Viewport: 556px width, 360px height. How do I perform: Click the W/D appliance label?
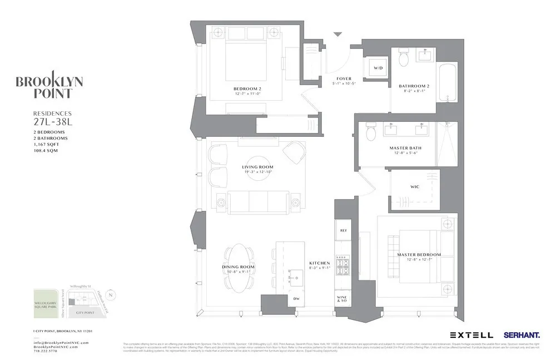pyautogui.click(x=378, y=68)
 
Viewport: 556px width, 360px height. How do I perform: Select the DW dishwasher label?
pyautogui.click(x=296, y=298)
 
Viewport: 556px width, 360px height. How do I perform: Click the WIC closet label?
pyautogui.click(x=414, y=186)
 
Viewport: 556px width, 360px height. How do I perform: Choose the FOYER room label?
pyautogui.click(x=344, y=78)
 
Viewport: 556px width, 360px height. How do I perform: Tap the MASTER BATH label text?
pyautogui.click(x=405, y=148)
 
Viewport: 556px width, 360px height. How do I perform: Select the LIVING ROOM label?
pyautogui.click(x=257, y=167)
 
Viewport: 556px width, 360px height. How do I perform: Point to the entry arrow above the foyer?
pyautogui.click(x=337, y=34)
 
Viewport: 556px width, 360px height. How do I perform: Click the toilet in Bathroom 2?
pyautogui.click(x=404, y=58)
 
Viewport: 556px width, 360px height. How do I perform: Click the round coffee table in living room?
pyautogui.click(x=257, y=167)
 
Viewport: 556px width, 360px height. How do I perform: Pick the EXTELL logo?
pyautogui.click(x=471, y=335)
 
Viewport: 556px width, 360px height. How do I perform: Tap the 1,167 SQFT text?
pyautogui.click(x=46, y=144)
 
